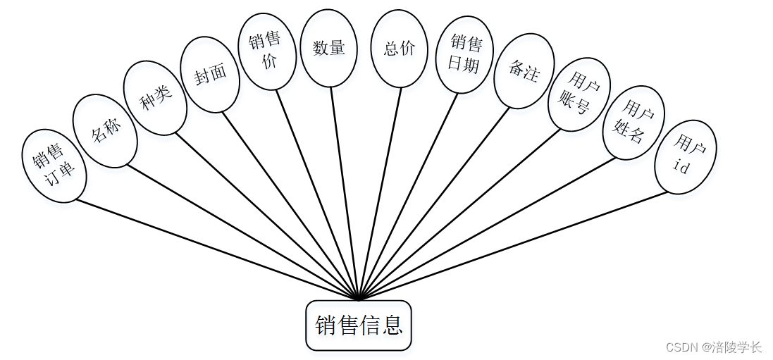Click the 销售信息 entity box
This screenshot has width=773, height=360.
(358, 325)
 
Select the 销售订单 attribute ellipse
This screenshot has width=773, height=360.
(54, 166)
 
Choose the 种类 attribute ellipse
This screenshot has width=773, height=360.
(155, 98)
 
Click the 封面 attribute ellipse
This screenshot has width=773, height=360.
(210, 75)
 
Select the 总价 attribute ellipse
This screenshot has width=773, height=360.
(400, 49)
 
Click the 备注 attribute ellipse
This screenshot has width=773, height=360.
(524, 71)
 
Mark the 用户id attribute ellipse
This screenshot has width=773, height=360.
(686, 156)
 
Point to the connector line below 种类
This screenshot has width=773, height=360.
(268, 216)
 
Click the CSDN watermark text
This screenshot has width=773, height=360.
(713, 347)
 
